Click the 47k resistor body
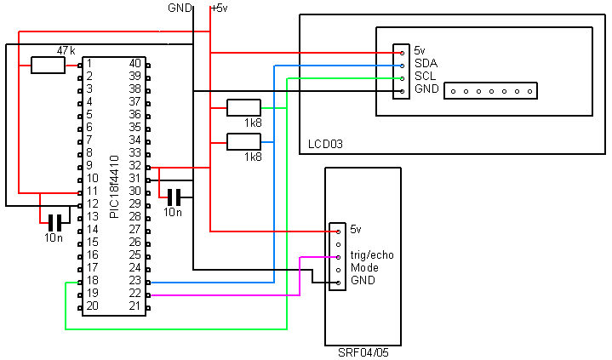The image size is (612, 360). [48, 65]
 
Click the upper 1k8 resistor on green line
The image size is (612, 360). [243, 107]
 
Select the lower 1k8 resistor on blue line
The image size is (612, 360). [243, 141]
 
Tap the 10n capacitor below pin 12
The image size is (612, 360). [54, 222]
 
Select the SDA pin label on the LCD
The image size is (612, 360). [426, 64]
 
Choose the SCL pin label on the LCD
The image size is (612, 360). [426, 77]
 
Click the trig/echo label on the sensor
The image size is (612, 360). [372, 255]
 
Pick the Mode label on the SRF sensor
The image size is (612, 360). [364, 268]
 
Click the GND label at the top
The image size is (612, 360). [180, 8]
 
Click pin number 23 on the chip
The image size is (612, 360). [134, 281]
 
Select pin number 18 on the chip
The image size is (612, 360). [92, 281]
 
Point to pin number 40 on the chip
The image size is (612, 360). [134, 64]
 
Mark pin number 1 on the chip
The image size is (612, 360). [89, 64]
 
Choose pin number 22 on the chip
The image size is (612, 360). [134, 294]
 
